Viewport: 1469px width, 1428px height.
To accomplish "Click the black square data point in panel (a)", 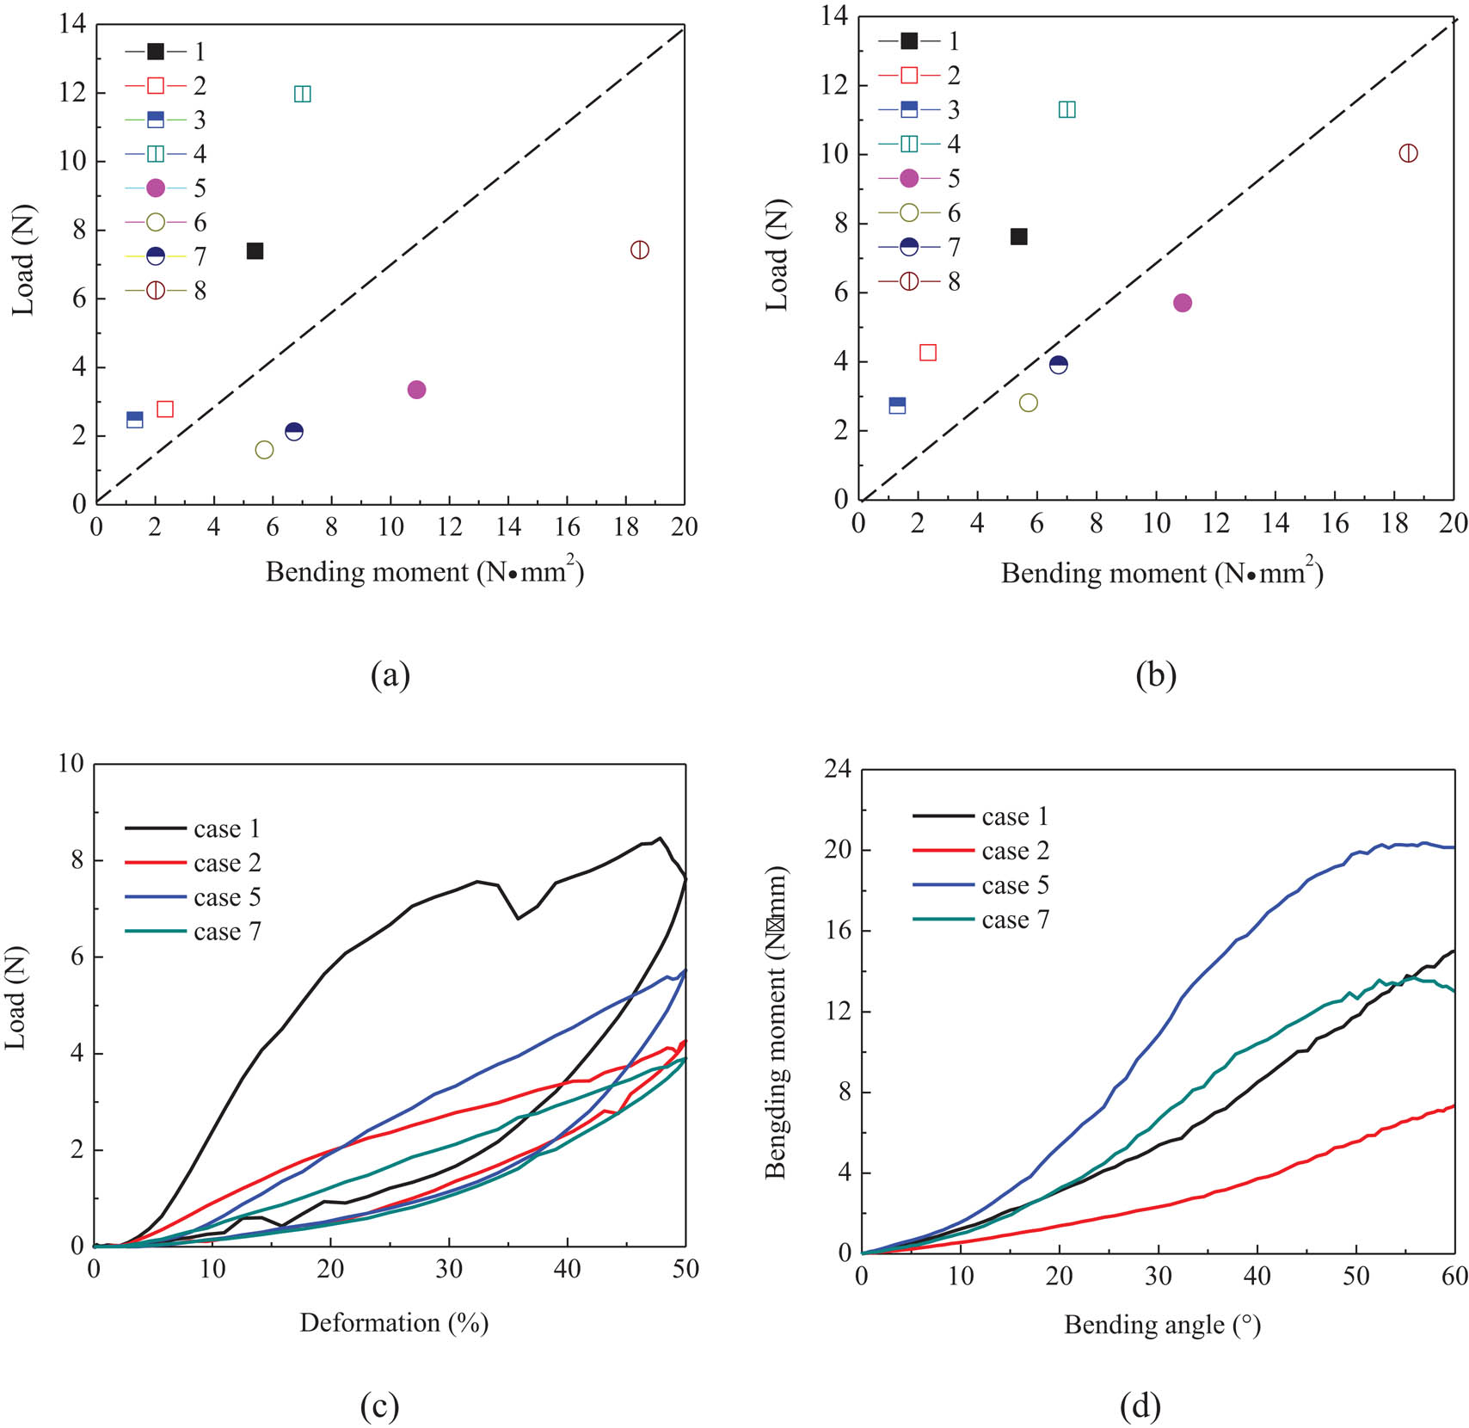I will coord(255,251).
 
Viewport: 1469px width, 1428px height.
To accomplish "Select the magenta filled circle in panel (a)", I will coord(416,390).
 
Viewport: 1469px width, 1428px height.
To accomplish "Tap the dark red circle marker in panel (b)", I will coord(1408,153).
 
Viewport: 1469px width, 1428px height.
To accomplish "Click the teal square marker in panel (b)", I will coord(1066,109).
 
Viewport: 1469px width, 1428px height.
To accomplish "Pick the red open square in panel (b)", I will coord(927,353).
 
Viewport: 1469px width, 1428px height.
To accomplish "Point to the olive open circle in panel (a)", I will coord(264,450).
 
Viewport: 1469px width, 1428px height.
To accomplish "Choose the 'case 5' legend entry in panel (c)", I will coord(193,897).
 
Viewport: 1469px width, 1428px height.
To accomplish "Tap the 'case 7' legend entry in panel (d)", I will coord(981,920).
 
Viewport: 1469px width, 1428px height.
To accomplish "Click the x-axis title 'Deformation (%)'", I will coord(394,1322).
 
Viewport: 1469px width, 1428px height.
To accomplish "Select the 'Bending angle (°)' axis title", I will coord(1162,1325).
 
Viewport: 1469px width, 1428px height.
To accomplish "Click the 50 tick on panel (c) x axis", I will coord(685,1269).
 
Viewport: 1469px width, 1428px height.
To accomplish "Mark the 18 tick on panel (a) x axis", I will coord(626,526).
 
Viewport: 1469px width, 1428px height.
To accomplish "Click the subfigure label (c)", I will coord(379,1406).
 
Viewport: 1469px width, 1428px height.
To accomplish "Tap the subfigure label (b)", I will coord(1155,675).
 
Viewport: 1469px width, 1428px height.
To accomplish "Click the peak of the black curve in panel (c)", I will coord(660,837).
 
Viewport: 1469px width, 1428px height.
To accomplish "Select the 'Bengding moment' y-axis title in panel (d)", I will coord(776,1024).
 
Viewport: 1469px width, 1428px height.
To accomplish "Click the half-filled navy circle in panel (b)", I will coord(1058,365).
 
